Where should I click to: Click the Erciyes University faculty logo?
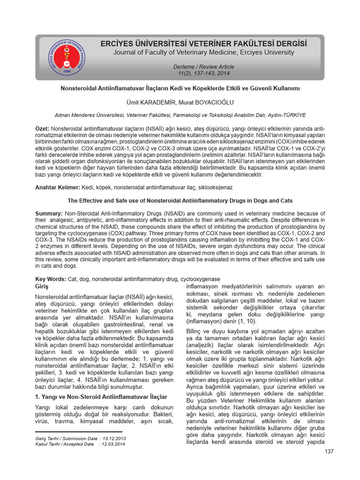click(68, 57)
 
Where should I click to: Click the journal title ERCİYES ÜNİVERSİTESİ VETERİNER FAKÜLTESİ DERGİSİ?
click(204, 44)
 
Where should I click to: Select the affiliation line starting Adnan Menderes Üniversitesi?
click(180, 114)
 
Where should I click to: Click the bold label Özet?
click(43, 129)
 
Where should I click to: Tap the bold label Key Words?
click(51, 279)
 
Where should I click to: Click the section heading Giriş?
click(42, 286)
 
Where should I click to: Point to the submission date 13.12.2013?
click(114, 438)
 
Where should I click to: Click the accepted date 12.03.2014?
click(114, 444)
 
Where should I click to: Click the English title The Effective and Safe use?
click(180, 201)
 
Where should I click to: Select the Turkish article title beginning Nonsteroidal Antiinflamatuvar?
click(180, 88)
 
